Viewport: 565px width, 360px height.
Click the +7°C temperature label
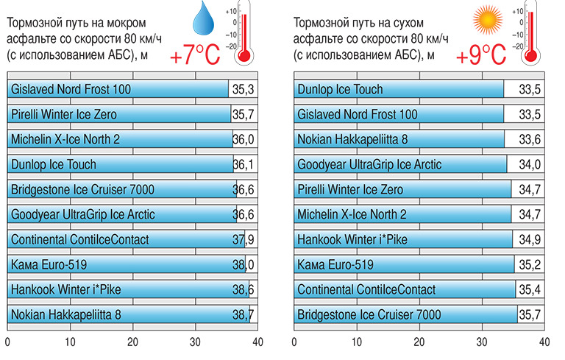pyautogui.click(x=195, y=55)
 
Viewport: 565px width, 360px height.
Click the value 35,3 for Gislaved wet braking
pyautogui.click(x=242, y=90)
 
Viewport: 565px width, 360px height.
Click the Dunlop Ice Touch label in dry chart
pyautogui.click(x=340, y=90)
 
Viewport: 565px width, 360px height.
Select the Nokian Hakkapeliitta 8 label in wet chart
pyautogui.click(x=66, y=314)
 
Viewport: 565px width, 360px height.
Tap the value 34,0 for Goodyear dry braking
pyautogui.click(x=529, y=165)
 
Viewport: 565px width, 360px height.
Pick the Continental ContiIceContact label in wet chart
pyautogui.click(x=79, y=239)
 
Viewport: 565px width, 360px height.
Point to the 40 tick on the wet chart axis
pyautogui.click(x=257, y=342)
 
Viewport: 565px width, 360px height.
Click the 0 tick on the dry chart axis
pyautogui.click(x=294, y=342)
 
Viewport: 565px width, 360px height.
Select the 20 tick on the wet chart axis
pyautogui.click(x=132, y=342)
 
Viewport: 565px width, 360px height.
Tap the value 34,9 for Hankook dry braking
pyautogui.click(x=529, y=239)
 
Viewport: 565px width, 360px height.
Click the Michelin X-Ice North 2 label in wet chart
pyautogui.click(x=65, y=140)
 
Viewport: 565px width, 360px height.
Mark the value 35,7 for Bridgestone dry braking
pyautogui.click(x=529, y=314)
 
